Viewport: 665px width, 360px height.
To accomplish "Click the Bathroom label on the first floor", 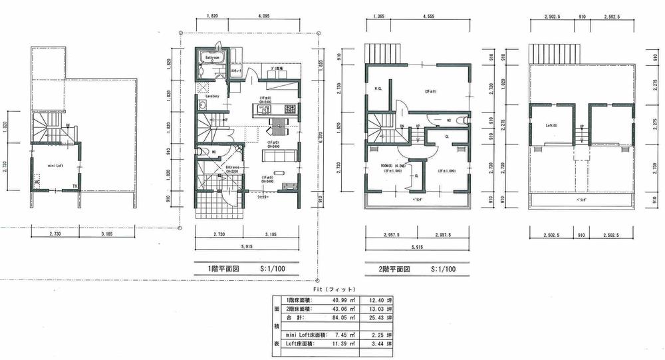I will [213, 58].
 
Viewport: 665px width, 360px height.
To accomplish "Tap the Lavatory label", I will [213, 96].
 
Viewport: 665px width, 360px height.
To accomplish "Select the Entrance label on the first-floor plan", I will [232, 167].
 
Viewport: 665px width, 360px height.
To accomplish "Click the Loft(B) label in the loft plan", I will [551, 124].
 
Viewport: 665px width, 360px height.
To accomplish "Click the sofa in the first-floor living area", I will [273, 156].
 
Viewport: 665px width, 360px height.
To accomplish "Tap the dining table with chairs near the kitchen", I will [276, 126].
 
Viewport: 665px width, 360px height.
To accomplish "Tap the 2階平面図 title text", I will [387, 270].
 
